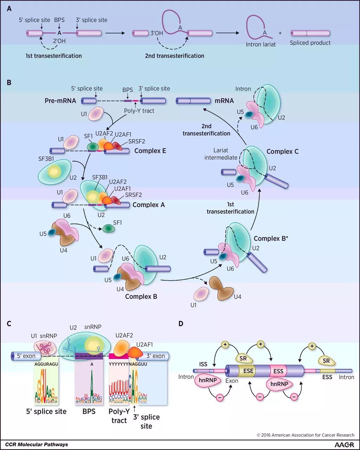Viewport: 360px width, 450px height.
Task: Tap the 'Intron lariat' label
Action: [261, 44]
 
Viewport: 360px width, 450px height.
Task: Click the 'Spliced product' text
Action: [310, 43]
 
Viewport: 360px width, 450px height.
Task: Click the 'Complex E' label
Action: [150, 152]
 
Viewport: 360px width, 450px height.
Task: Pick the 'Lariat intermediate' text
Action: [221, 154]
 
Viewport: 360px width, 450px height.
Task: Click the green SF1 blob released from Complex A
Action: [108, 229]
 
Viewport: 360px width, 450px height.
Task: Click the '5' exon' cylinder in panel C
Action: [25, 356]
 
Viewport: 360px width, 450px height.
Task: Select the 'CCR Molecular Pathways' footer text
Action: [37, 444]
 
